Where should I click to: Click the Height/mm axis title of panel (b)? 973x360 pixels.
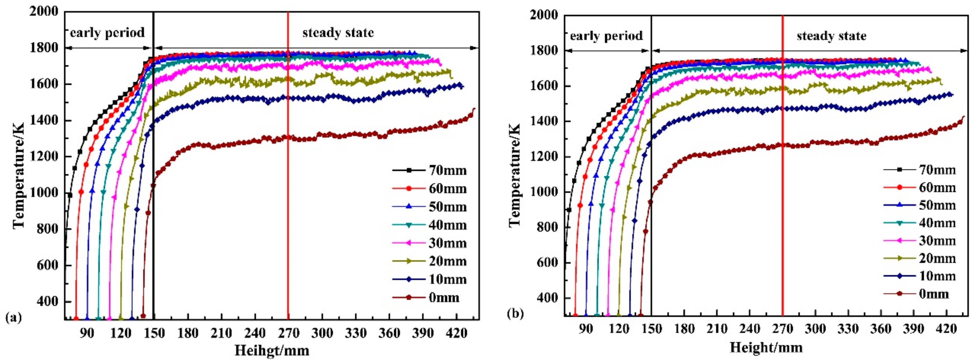[766, 347]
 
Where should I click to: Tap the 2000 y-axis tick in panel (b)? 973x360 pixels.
[544, 15]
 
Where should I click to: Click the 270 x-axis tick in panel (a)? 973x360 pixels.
[288, 333]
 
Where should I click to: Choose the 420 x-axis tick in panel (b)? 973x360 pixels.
[946, 329]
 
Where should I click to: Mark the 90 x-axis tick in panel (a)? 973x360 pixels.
[87, 333]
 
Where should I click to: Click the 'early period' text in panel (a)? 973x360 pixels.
[108, 32]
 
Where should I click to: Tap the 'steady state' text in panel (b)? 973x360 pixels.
[831, 36]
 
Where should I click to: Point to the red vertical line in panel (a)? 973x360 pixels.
[288, 189]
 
